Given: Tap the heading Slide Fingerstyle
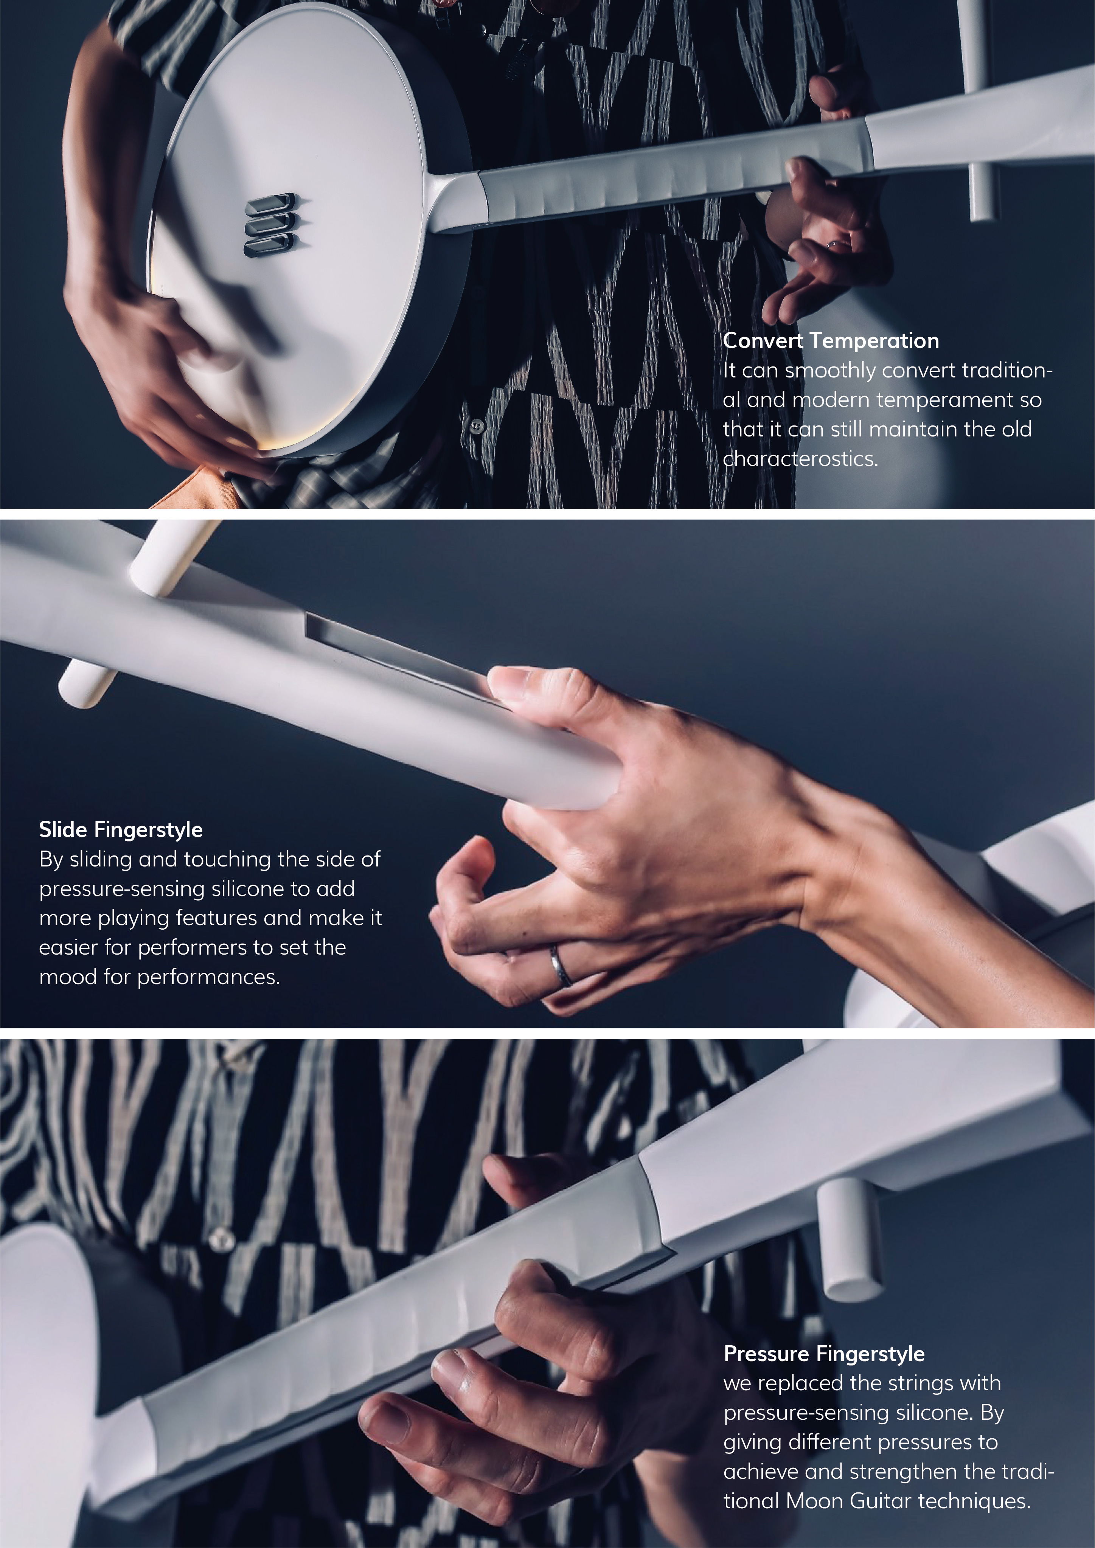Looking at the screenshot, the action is pos(121,830).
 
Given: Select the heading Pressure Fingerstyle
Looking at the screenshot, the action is pos(824,1354).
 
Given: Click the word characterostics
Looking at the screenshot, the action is pos(800,459).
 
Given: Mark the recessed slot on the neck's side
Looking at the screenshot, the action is pos(405,657).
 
